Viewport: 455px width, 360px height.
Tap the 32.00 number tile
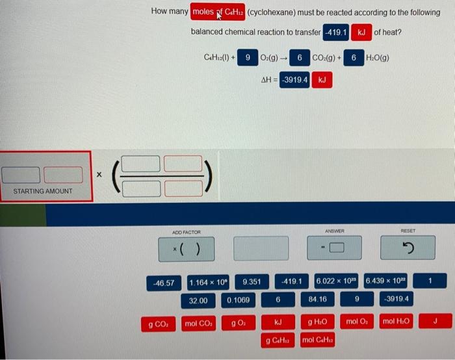click(x=198, y=300)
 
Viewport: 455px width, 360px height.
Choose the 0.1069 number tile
click(x=237, y=300)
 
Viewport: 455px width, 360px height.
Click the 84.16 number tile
click(x=317, y=300)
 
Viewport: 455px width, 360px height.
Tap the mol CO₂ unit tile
click(x=199, y=322)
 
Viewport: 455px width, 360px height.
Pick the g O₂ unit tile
click(x=237, y=322)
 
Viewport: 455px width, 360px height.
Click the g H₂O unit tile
click(x=317, y=322)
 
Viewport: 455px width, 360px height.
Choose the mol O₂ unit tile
click(x=357, y=322)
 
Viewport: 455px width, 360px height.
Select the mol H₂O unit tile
click(x=396, y=322)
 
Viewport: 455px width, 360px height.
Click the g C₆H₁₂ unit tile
click(x=278, y=340)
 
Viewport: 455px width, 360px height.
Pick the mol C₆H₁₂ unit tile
click(x=317, y=340)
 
